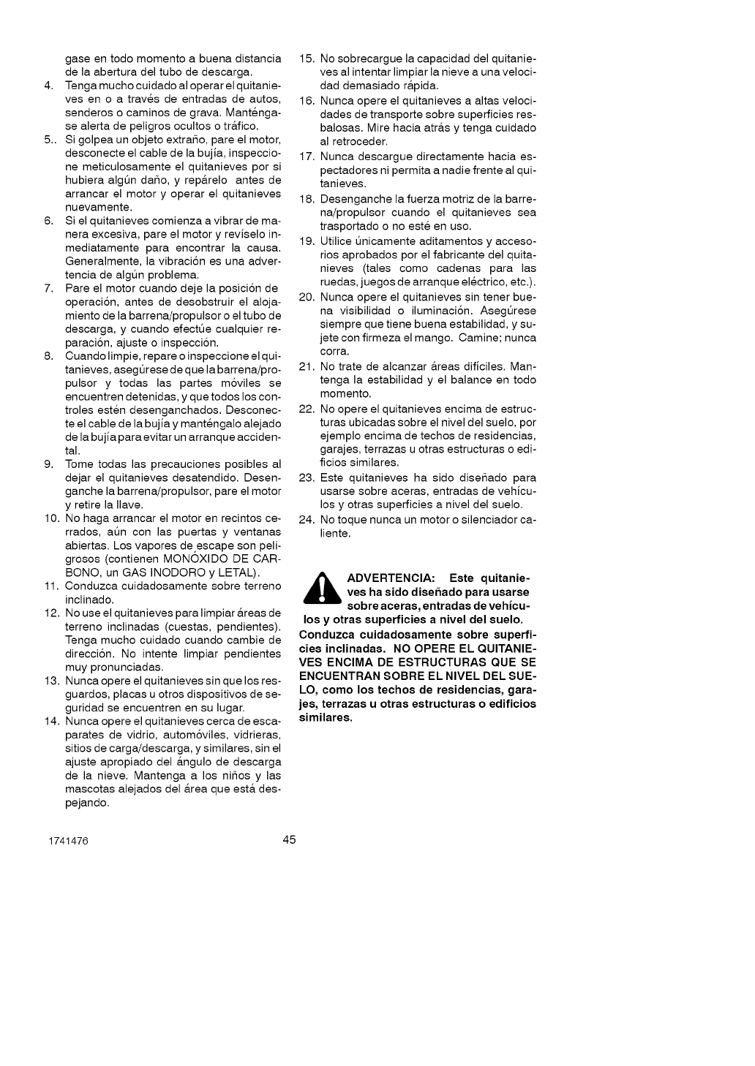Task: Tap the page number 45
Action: click(x=290, y=839)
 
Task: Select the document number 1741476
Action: click(x=70, y=842)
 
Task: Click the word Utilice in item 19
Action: click(x=337, y=241)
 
